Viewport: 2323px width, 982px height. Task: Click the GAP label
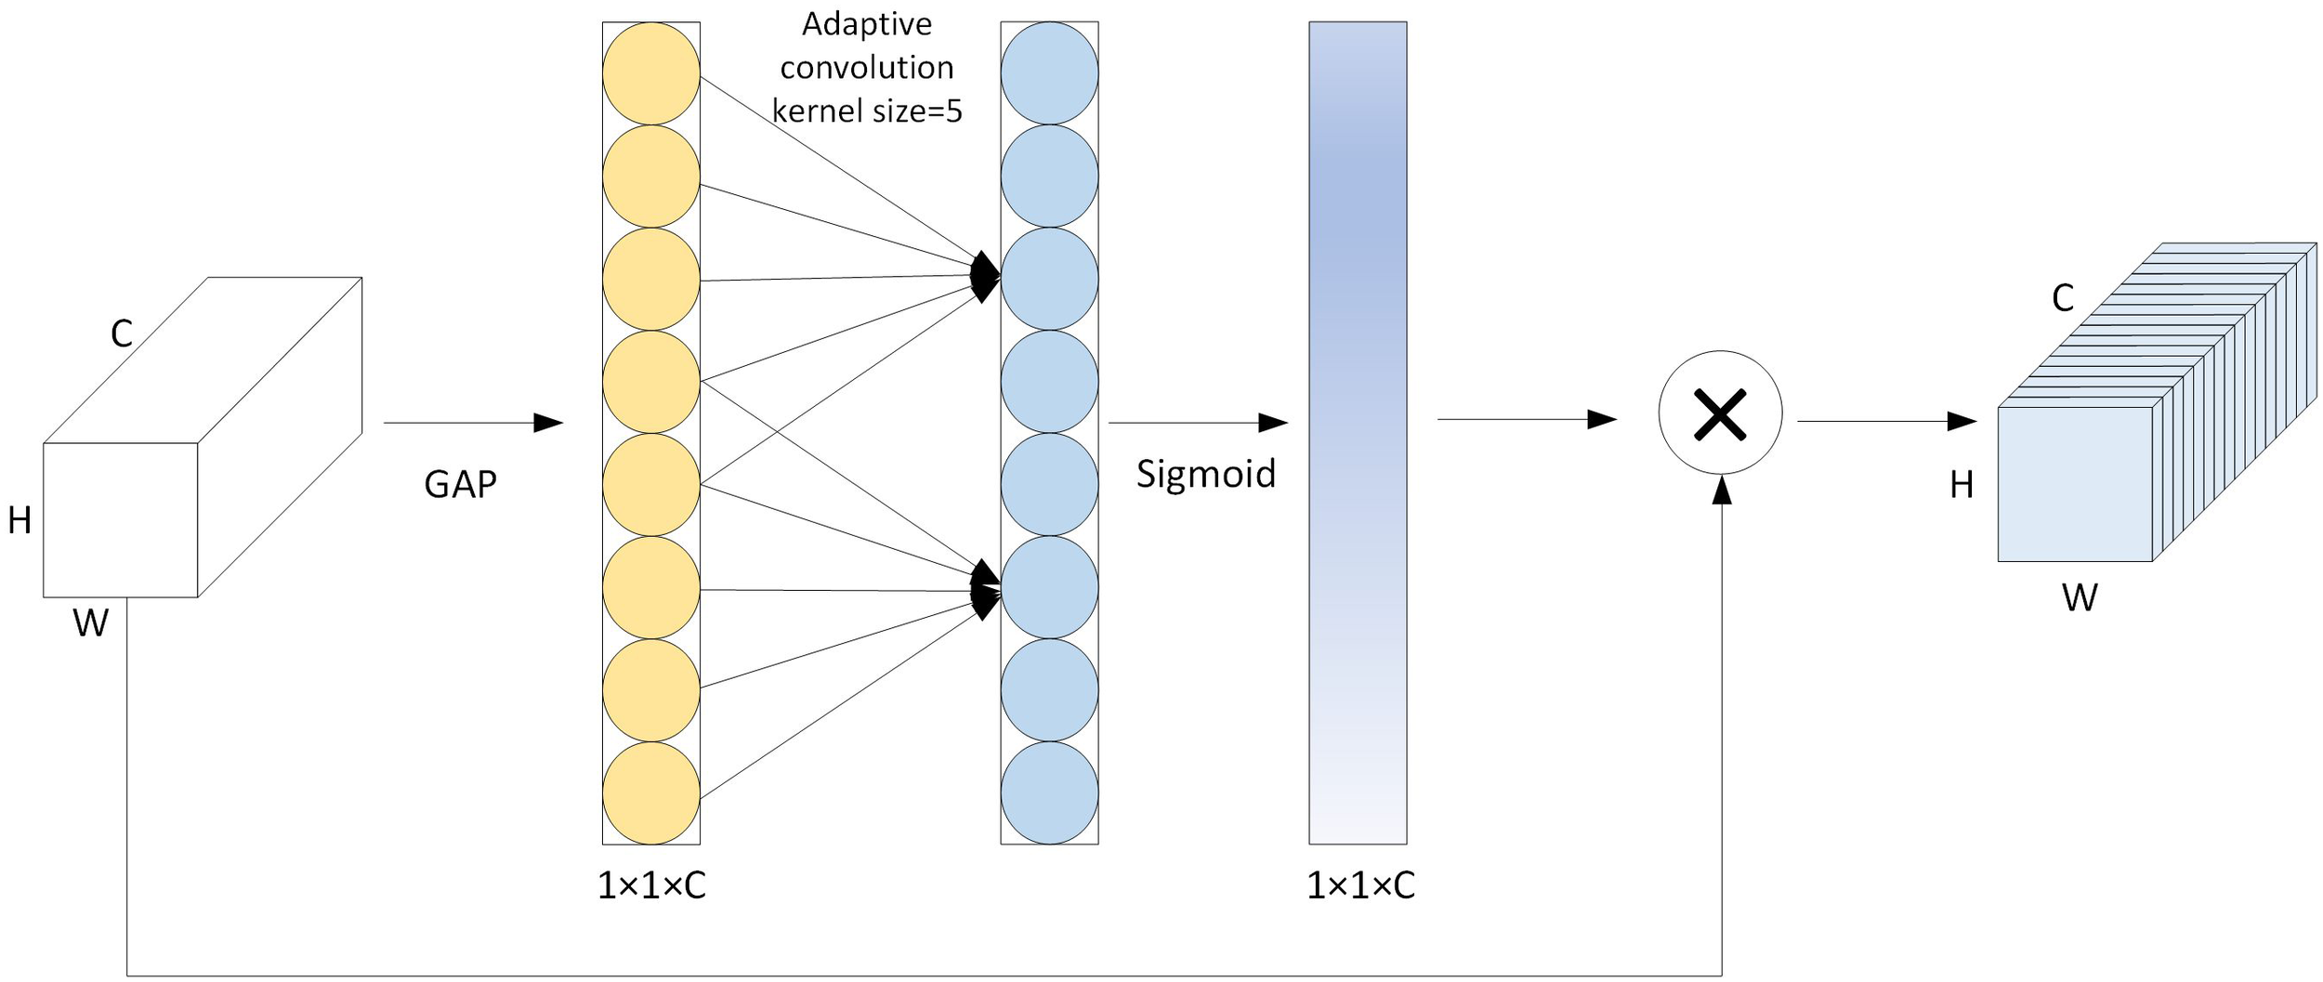point(460,484)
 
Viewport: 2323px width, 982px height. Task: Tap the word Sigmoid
point(1206,474)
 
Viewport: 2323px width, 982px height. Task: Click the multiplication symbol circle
point(1720,412)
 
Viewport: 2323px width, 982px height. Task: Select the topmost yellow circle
point(650,73)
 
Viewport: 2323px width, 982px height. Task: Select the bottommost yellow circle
point(650,792)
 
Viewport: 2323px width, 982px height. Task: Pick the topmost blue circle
point(1049,73)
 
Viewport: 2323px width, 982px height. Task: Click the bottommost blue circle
point(1049,792)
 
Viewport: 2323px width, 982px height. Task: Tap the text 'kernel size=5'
point(867,111)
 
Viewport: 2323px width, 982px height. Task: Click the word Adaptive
point(867,24)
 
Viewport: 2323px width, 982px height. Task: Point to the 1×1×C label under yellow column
point(650,885)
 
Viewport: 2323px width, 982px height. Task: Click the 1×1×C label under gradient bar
point(1360,885)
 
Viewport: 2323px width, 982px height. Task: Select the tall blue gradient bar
point(1358,432)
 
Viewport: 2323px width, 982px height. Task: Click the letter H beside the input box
point(20,521)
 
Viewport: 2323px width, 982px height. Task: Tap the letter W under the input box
point(90,623)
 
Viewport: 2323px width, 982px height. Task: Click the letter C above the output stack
point(2063,298)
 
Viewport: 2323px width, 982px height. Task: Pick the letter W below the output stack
point(2080,597)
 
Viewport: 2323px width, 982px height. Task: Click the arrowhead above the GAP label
point(548,423)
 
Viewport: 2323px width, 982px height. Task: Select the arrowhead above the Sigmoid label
point(1272,423)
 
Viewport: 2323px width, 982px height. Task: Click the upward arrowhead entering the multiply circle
point(1722,490)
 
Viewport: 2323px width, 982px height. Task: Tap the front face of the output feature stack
point(2075,484)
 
